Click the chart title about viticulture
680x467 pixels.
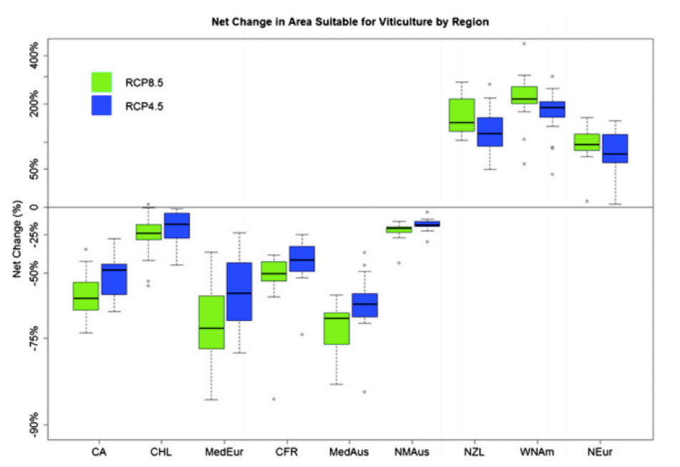350,22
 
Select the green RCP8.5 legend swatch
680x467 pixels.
102,82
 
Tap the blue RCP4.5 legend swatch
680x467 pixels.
102,105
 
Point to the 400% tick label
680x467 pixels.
33,51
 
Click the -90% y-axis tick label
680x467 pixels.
33,425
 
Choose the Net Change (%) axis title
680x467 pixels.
17,239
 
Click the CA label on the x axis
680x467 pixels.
99,452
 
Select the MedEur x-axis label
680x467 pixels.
224,452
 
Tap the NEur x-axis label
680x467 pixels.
600,452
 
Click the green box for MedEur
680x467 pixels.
212,322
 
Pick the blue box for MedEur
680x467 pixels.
239,291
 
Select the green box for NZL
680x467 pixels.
462,115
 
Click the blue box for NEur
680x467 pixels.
615,148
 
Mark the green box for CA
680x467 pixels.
86,296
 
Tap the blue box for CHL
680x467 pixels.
177,226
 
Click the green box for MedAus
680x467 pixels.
336,328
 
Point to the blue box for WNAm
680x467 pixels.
552,109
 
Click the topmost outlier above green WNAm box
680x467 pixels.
524,44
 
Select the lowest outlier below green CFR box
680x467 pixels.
274,399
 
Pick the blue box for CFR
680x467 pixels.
303,259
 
